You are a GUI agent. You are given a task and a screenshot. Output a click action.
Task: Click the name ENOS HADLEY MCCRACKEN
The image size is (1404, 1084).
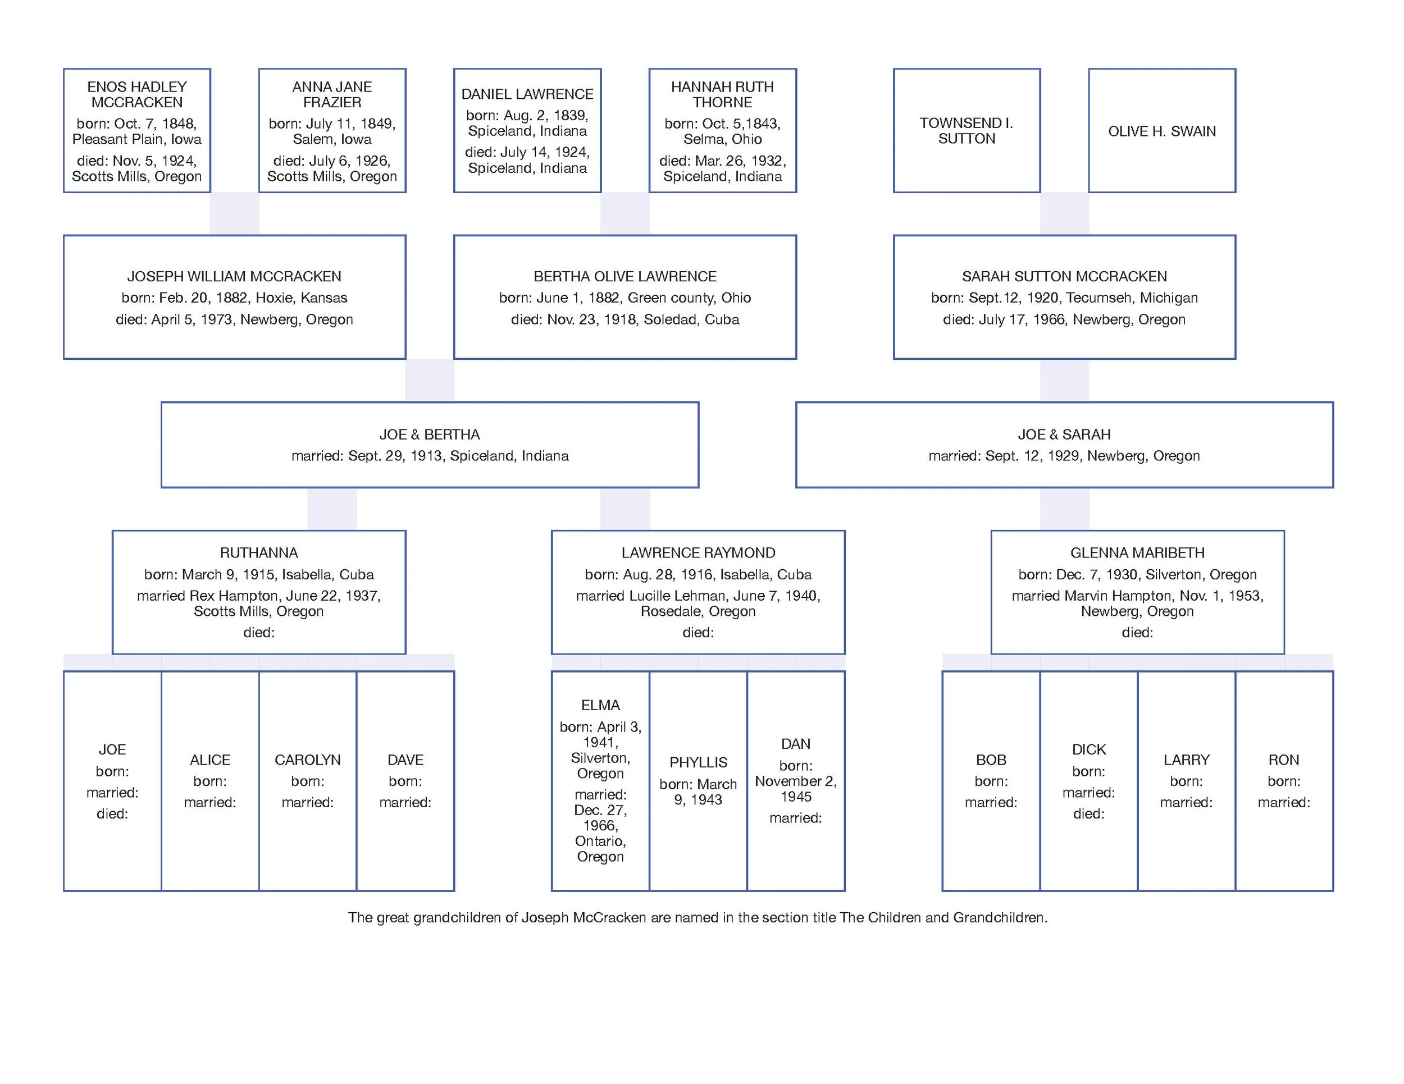pos(137,94)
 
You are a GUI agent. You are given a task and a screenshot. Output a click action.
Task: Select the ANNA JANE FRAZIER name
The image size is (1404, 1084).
pos(332,94)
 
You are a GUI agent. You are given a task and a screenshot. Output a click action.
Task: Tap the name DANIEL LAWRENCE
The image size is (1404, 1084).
pos(527,94)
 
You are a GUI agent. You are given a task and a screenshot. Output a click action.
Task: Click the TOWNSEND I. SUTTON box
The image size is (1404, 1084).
pos(966,130)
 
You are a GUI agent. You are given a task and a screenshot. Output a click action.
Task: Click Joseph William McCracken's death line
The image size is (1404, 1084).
pos(234,319)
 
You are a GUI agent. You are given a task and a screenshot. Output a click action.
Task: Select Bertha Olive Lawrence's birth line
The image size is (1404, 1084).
pos(625,298)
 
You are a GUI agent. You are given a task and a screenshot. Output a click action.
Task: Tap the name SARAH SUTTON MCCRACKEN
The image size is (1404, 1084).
pos(1064,276)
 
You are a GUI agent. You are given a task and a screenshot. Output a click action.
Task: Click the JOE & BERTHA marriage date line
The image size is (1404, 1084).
pos(430,456)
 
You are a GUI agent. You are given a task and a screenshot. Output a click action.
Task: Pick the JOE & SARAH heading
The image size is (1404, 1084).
pos(1064,434)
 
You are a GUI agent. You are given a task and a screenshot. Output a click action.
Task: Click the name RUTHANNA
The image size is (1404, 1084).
pos(258,552)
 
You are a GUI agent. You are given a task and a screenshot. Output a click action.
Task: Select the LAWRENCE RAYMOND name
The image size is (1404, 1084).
pos(698,552)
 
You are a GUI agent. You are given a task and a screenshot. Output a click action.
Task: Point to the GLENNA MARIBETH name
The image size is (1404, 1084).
pos(1137,552)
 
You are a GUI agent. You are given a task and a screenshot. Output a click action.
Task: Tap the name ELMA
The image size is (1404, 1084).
pos(600,705)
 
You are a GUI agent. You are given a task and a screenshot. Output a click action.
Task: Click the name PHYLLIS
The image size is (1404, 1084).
pos(698,762)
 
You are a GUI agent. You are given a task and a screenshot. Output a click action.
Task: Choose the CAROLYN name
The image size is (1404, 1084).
pos(307,760)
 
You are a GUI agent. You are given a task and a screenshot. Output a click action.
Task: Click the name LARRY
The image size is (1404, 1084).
pos(1186,760)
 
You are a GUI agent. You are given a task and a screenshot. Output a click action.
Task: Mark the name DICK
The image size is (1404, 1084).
pos(1088,749)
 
